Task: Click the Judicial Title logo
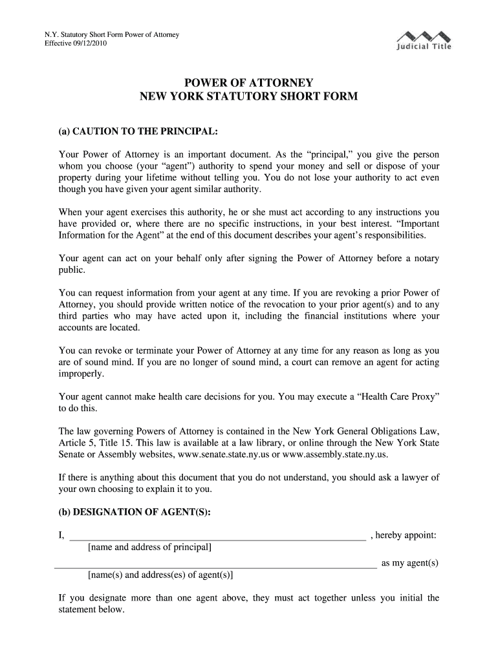[x=424, y=40]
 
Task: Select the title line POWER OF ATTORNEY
[x=249, y=83]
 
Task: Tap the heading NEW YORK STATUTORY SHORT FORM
[x=249, y=97]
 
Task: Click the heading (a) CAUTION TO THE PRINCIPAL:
[x=138, y=132]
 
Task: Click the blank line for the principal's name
[x=217, y=537]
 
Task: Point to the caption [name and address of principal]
[x=149, y=548]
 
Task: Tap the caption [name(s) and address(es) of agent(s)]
[x=160, y=575]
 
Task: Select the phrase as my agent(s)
[x=410, y=563]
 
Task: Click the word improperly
[x=81, y=374]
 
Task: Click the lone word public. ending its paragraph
[x=71, y=270]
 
